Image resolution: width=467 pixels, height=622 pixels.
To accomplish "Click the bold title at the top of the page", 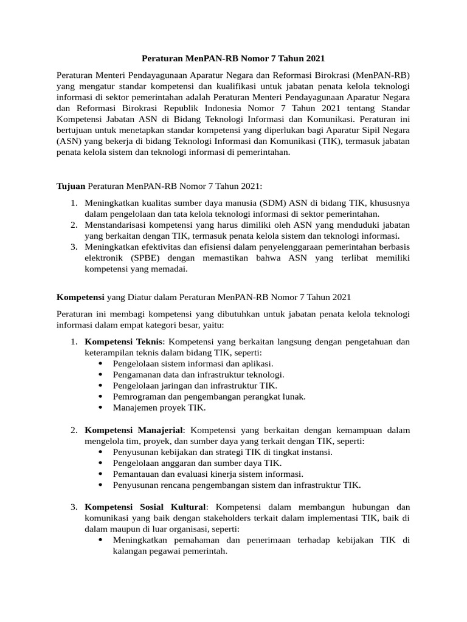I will pos(233,59).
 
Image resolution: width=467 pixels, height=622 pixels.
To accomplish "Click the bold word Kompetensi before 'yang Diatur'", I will pos(80,297).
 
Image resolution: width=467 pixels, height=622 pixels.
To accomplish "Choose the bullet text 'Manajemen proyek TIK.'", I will pos(159,407).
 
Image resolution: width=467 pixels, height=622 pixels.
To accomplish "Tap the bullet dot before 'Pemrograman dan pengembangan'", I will pos(100,396).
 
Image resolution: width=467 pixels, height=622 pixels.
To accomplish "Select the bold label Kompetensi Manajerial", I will pos(133,430).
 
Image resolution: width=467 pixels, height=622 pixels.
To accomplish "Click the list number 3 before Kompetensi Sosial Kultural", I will pos(73,507).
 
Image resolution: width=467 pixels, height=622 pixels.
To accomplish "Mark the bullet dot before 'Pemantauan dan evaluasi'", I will pos(100,474).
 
